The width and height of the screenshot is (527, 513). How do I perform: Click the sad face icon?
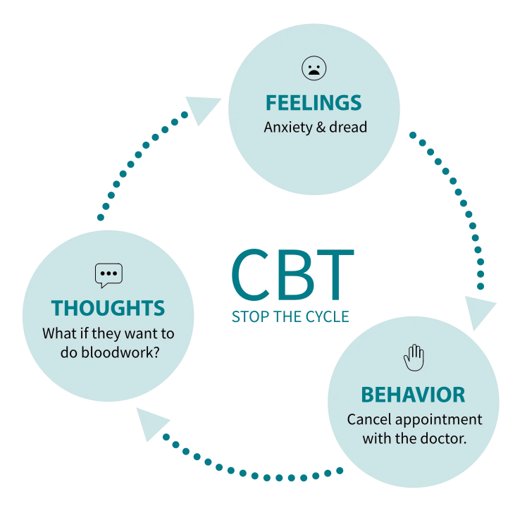tap(314, 69)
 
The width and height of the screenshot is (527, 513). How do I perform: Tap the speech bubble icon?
tap(108, 275)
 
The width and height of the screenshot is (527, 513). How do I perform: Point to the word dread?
tap(348, 128)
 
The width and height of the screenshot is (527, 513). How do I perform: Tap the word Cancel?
tap(367, 419)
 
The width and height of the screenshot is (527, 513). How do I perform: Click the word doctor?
tap(447, 438)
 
